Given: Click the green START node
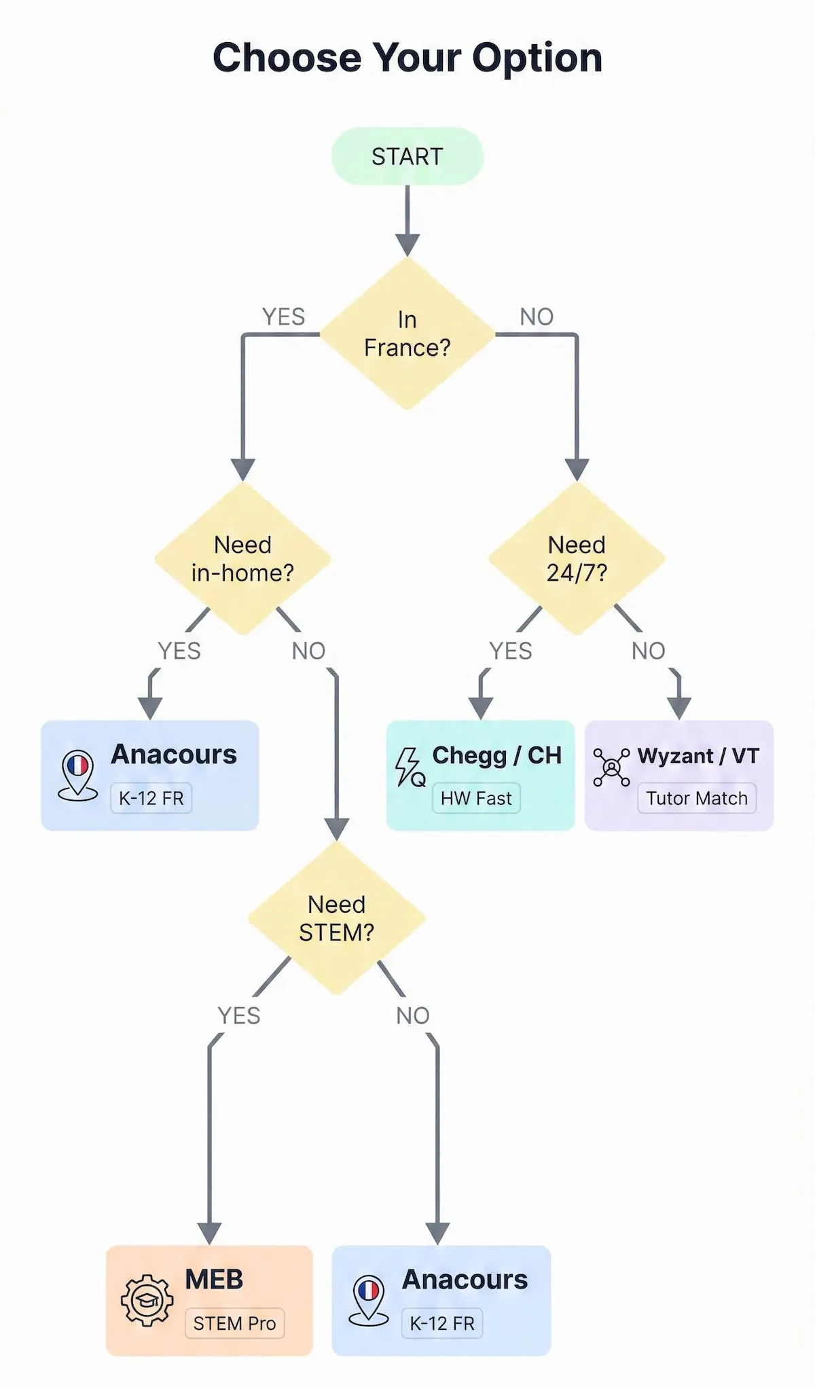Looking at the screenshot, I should click(407, 156).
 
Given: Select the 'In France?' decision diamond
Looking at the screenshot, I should click(407, 333).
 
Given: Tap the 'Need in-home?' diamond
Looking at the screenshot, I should click(242, 558).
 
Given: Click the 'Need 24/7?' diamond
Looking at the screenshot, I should click(577, 558).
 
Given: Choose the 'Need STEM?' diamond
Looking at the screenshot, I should click(336, 918).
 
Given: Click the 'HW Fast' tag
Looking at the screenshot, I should click(476, 798).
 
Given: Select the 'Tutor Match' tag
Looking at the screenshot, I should click(696, 798).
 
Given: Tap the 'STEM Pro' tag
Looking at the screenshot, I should click(234, 1323).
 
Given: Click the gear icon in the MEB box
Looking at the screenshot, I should click(147, 1300).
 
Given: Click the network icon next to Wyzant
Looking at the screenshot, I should click(611, 768).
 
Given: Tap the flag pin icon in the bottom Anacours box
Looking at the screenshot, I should click(368, 1299).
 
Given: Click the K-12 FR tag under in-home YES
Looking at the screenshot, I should click(151, 798).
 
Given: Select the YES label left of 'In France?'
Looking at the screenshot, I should click(283, 317).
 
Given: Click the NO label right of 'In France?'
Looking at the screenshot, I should click(537, 317).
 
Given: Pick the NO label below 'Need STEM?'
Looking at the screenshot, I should click(413, 1015).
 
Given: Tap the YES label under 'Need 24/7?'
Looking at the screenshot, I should click(511, 651).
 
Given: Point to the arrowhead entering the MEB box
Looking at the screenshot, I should click(209, 1233).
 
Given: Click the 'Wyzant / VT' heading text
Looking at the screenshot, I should click(698, 755).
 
